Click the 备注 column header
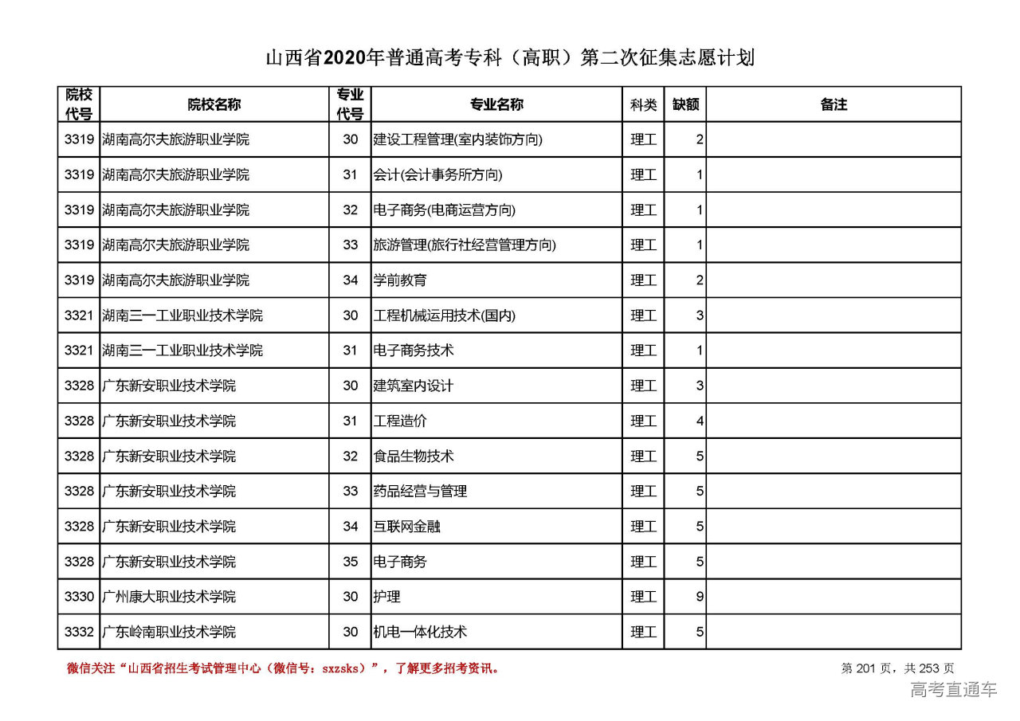tap(834, 104)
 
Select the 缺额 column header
tap(685, 104)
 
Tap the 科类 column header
tap(643, 104)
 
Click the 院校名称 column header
tap(214, 104)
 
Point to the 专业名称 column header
tap(496, 104)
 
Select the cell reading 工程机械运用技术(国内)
tap(445, 315)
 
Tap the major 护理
tap(386, 597)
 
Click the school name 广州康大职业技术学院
tap(169, 597)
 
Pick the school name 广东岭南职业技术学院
tap(169, 632)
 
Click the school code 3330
tap(79, 597)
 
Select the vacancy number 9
tap(700, 597)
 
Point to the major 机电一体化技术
tap(420, 632)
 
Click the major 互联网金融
tap(406, 527)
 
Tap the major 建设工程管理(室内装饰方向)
tap(457, 139)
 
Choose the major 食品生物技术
tap(414, 457)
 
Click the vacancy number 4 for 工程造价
tap(700, 421)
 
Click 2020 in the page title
tap(344, 58)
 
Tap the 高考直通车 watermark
tap(954, 690)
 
